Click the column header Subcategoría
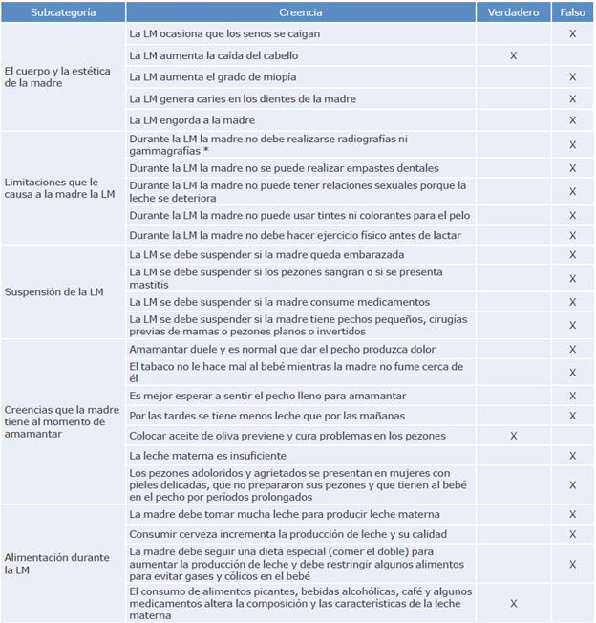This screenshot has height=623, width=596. (63, 13)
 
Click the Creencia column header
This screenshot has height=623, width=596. (302, 13)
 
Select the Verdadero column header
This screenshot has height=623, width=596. (513, 13)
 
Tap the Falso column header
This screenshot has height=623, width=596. (572, 13)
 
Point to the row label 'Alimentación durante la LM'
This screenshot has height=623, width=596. (58, 563)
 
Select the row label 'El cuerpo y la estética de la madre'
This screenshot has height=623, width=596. (58, 77)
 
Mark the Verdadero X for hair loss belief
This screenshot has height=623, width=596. (513, 55)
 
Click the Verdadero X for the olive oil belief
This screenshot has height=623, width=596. (513, 436)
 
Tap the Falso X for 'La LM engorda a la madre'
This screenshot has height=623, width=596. (572, 120)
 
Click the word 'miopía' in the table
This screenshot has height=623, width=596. (277, 76)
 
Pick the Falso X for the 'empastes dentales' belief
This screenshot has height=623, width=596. (572, 168)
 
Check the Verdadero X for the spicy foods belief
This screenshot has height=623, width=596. (513, 604)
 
